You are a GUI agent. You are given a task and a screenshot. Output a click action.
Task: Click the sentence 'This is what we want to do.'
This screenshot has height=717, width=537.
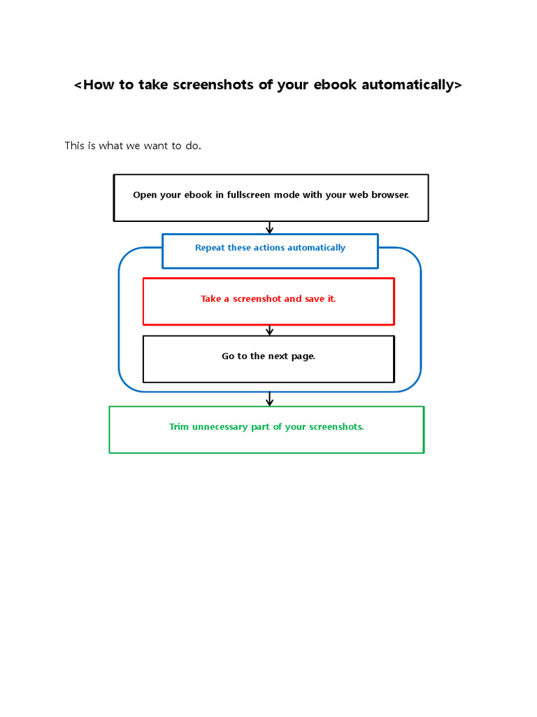(x=133, y=146)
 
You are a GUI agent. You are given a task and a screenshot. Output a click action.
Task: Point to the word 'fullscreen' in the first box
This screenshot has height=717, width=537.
(x=250, y=195)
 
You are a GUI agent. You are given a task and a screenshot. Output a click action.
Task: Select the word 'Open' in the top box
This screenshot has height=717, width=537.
(x=145, y=195)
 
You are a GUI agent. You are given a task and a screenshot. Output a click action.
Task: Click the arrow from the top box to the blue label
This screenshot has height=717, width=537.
(x=270, y=228)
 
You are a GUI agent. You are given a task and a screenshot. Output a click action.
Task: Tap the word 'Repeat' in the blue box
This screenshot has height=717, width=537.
(x=210, y=248)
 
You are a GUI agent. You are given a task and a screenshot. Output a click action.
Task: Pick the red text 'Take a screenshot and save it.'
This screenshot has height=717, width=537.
(x=268, y=299)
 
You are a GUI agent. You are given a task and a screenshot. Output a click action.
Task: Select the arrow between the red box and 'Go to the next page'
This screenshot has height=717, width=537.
(x=270, y=330)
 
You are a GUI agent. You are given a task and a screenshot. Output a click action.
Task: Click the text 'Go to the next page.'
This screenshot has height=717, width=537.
(x=268, y=356)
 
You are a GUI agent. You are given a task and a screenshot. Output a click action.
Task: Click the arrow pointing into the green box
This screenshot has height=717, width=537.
(x=270, y=398)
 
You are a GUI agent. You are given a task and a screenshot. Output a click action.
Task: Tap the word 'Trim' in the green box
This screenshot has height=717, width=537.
(x=179, y=427)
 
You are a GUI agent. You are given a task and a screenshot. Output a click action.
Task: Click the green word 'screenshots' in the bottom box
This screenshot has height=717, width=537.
(x=336, y=427)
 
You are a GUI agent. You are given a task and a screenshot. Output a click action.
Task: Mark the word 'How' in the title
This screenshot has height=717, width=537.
(x=98, y=85)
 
